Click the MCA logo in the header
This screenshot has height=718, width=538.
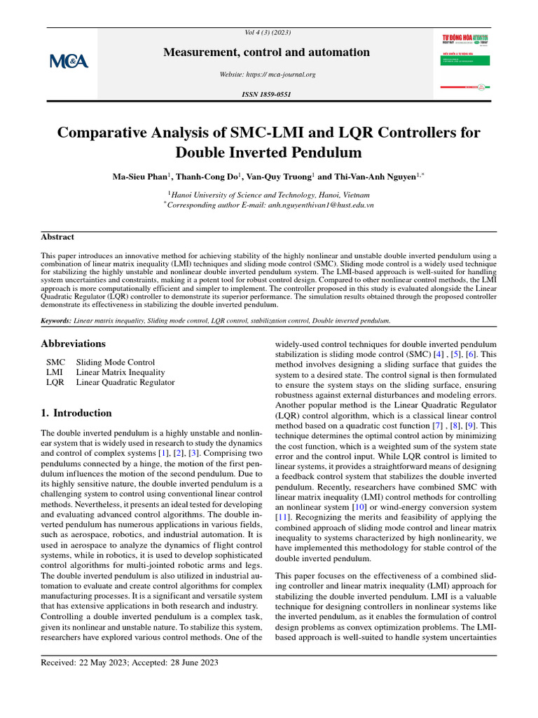(x=69, y=62)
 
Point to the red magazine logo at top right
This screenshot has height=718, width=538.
(x=464, y=38)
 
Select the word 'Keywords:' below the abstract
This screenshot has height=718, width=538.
(x=56, y=320)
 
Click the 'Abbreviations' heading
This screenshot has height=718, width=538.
(x=74, y=344)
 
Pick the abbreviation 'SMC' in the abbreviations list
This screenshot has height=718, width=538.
(x=55, y=362)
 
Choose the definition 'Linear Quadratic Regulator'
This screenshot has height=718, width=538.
(x=125, y=383)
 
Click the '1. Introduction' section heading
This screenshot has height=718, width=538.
(x=76, y=413)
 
